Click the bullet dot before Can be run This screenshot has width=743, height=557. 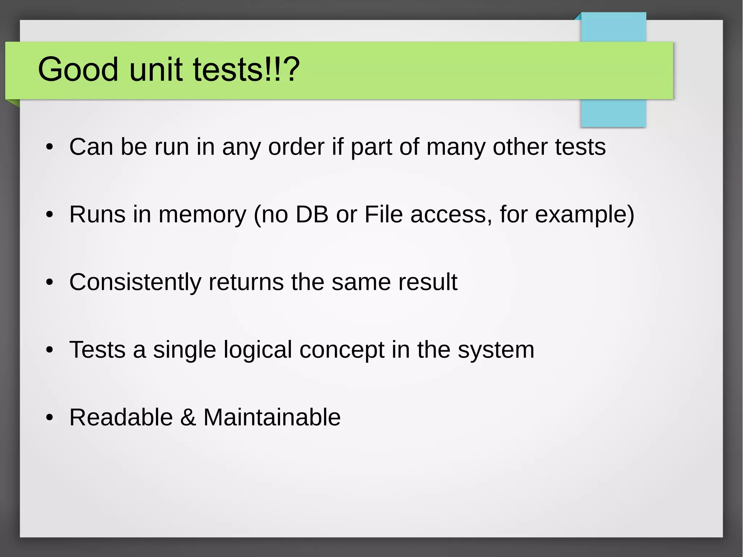point(50,147)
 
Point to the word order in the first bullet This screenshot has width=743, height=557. point(296,147)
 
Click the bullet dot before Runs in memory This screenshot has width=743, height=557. point(50,215)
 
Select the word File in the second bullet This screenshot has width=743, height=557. point(383,214)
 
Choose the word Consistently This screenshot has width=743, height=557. point(135,282)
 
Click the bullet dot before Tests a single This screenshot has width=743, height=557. point(50,350)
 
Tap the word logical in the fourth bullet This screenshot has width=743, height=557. point(258,350)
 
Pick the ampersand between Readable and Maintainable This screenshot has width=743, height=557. point(188,417)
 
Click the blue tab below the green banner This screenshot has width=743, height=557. point(613,113)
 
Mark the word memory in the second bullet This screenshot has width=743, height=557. point(202,215)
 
